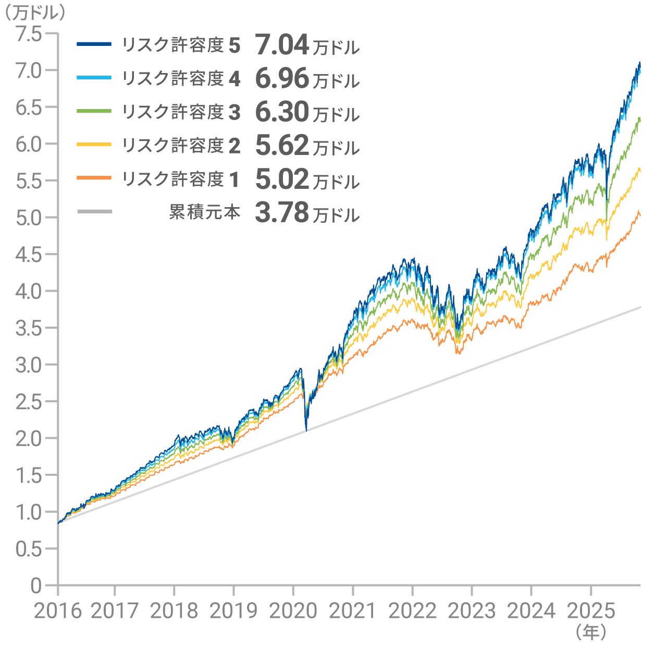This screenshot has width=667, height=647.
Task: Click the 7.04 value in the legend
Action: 282,45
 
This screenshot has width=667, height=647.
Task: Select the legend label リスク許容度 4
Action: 181,79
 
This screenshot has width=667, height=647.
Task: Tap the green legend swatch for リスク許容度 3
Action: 94,111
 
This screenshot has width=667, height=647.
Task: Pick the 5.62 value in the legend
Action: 282,146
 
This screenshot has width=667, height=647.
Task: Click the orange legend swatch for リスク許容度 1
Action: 94,178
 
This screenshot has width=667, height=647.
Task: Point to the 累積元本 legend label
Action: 205,212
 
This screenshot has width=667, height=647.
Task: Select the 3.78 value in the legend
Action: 282,213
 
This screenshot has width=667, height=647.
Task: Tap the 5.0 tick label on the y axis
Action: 29,218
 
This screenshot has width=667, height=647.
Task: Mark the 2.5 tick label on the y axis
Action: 29,401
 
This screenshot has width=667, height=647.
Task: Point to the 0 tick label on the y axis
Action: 36,585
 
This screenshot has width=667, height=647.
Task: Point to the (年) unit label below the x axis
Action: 591,632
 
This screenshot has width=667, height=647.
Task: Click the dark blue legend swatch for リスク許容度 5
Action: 94,44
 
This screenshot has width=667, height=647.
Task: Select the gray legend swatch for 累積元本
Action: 94,212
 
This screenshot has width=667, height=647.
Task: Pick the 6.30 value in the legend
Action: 282,113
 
